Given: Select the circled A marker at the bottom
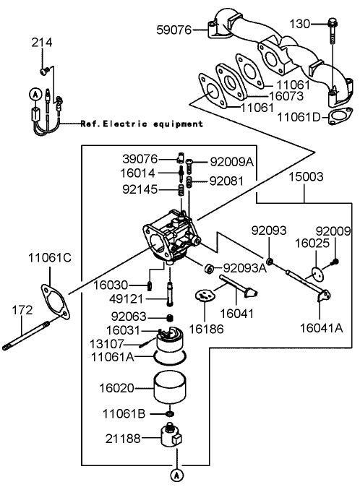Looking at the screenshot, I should (175, 475).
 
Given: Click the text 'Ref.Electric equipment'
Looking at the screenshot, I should (142, 124).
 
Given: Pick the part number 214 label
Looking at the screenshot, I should (42, 43).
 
